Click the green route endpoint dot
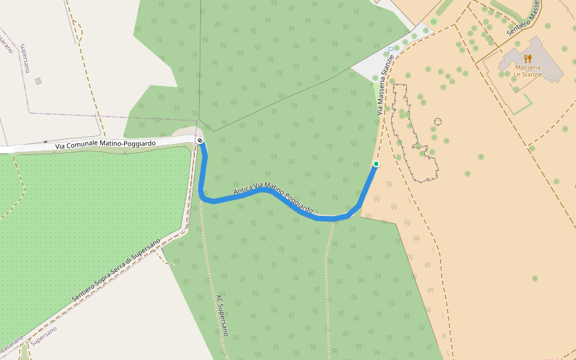coord(376,164)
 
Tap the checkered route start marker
coord(200,141)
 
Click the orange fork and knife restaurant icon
coord(527,58)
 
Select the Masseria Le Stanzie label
coord(527,71)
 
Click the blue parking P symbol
coord(391,50)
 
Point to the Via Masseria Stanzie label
coord(385,85)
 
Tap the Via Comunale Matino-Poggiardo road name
coord(106,145)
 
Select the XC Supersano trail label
coord(222,314)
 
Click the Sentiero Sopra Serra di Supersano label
coord(116,271)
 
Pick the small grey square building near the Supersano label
coord(38,80)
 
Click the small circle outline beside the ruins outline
coord(438,121)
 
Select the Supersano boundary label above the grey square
coord(25,58)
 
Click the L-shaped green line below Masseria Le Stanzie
coord(521,106)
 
